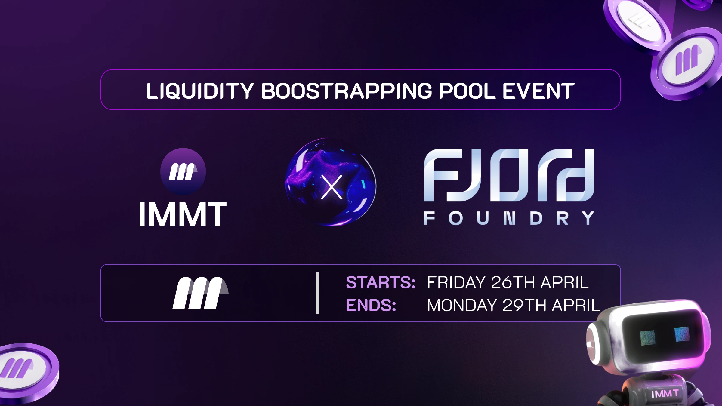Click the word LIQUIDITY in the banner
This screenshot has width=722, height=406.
point(200,91)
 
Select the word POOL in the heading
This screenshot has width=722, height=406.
point(467,91)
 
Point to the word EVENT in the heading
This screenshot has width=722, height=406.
point(538,91)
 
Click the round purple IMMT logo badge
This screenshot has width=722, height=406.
point(183,171)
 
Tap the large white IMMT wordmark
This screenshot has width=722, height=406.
point(183,214)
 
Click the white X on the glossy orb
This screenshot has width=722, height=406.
point(332,187)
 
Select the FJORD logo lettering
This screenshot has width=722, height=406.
point(509,175)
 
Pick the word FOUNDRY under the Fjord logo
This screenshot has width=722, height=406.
point(509,218)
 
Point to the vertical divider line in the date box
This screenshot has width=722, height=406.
point(317,293)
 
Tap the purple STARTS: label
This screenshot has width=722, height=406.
point(381,282)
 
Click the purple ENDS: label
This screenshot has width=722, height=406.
point(371,305)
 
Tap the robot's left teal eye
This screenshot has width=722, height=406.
point(647,338)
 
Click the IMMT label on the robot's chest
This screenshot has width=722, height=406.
point(665,393)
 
